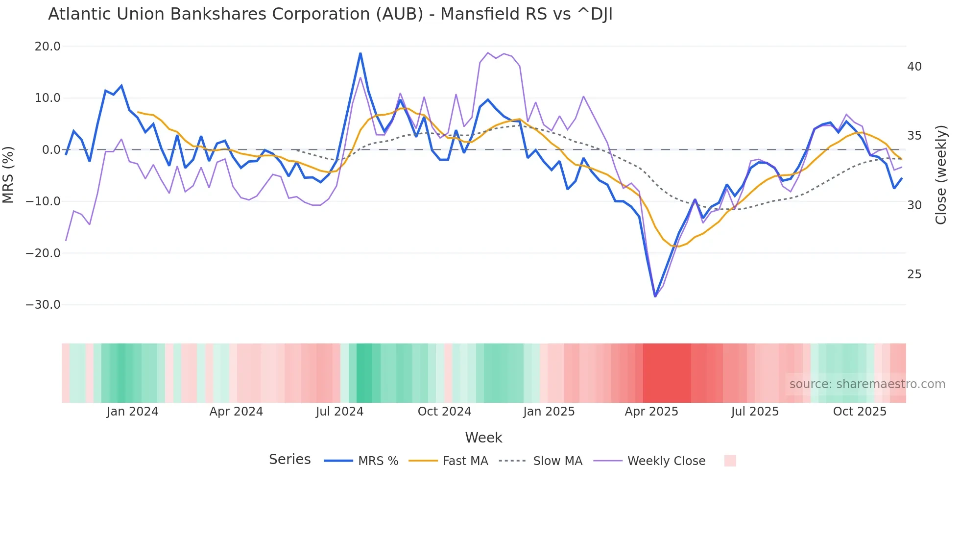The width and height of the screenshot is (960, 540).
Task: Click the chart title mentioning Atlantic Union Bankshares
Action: [x=330, y=14]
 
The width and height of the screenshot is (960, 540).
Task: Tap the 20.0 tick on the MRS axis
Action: [x=48, y=47]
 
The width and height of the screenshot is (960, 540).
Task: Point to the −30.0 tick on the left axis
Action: [x=43, y=305]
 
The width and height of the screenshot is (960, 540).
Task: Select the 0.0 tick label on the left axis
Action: [x=51, y=150]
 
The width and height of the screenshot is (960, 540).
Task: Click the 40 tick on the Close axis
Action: [x=914, y=67]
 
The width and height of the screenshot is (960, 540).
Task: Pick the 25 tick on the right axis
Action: [x=914, y=274]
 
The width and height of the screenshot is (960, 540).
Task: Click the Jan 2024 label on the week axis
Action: [x=132, y=412]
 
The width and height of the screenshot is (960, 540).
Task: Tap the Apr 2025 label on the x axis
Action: [x=651, y=412]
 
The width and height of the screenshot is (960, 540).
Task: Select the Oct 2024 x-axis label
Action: [x=444, y=412]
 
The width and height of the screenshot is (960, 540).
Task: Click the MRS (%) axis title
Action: [x=8, y=175]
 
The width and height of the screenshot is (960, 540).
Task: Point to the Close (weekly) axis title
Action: [x=941, y=175]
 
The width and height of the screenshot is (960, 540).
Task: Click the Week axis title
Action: [x=483, y=438]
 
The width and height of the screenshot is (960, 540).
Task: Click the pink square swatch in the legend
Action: [x=730, y=461]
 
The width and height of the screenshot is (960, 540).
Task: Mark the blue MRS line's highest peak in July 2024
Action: [x=360, y=53]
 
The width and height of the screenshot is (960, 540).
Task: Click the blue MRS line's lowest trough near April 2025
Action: [x=655, y=296]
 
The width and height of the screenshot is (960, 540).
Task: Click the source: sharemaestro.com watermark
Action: [x=867, y=384]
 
